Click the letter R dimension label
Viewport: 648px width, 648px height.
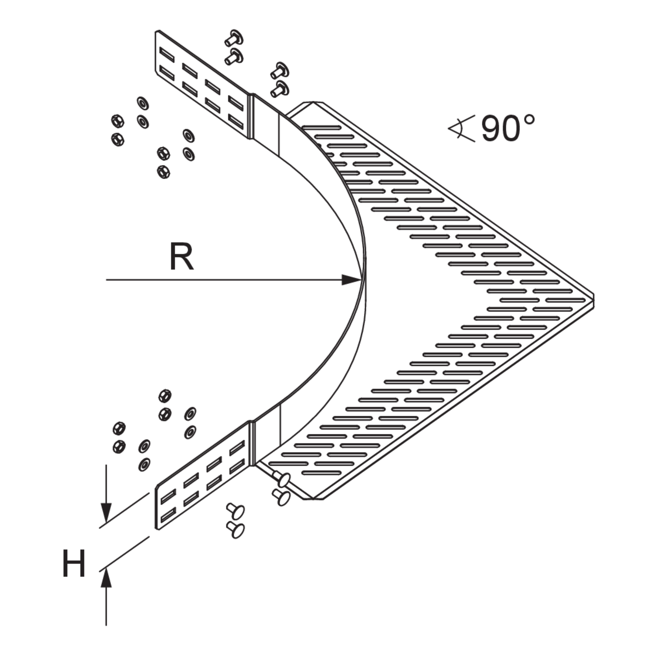tap(181, 257)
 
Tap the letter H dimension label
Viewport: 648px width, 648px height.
tap(74, 563)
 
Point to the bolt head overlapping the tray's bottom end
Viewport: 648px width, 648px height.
tap(281, 480)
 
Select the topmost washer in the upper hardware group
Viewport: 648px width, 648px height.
tap(143, 103)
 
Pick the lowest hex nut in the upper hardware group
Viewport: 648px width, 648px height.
tap(163, 172)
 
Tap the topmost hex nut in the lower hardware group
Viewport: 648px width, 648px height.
tap(165, 396)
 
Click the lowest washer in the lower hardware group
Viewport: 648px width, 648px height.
tap(144, 464)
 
